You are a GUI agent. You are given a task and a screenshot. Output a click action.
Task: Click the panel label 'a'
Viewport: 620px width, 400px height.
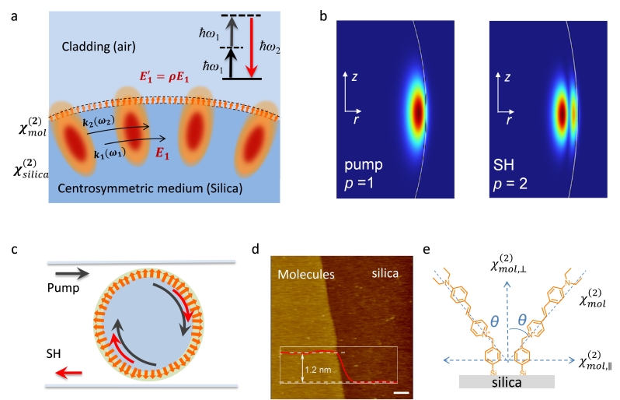tap(15, 16)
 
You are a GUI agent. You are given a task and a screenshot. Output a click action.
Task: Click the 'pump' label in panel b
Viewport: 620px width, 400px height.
tap(364, 167)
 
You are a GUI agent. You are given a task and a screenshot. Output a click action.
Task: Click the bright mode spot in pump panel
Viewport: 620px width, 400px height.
tap(420, 111)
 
